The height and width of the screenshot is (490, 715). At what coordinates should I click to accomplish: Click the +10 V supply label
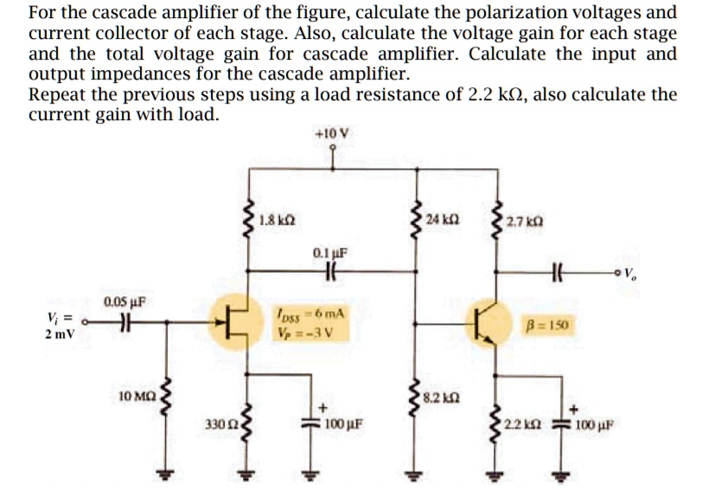(x=334, y=134)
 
